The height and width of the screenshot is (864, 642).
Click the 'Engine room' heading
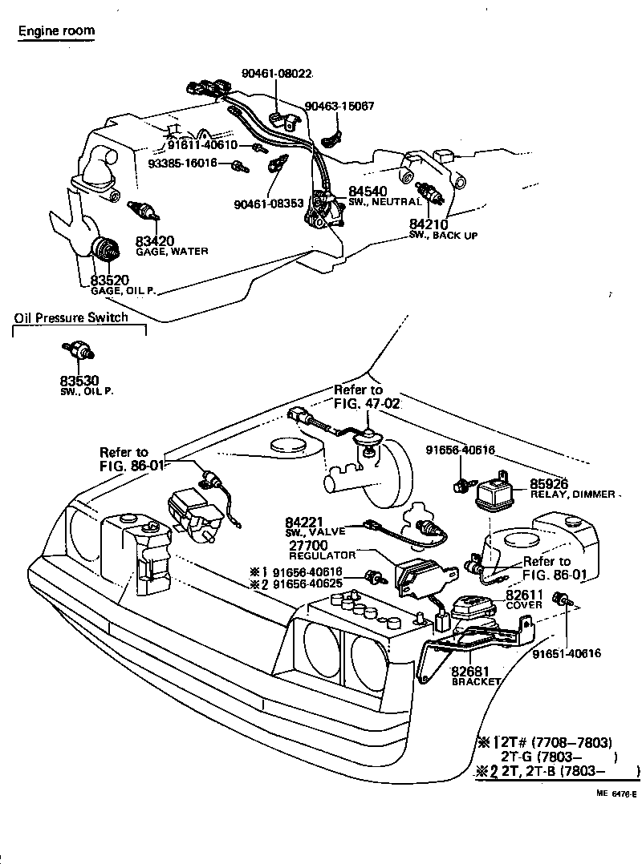pyautogui.click(x=56, y=30)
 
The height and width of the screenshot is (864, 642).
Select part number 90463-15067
pyautogui.click(x=339, y=106)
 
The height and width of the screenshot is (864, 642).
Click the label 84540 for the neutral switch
pyautogui.click(x=368, y=192)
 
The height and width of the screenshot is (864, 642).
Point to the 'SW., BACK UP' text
pyautogui.click(x=444, y=236)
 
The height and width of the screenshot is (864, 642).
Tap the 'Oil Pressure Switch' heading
pyautogui.click(x=71, y=318)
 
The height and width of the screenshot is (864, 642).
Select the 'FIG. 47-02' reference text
pyautogui.click(x=367, y=403)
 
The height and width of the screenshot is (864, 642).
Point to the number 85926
pyautogui.click(x=549, y=483)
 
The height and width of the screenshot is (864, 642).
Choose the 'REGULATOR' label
pyautogui.click(x=322, y=555)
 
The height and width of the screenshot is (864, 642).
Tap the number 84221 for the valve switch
pyautogui.click(x=304, y=522)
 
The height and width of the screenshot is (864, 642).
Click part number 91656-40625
pyautogui.click(x=308, y=583)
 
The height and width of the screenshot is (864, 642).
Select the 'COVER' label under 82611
pyautogui.click(x=524, y=605)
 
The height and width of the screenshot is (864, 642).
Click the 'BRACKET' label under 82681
pyautogui.click(x=476, y=681)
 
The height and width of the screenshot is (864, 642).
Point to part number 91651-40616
pyautogui.click(x=567, y=654)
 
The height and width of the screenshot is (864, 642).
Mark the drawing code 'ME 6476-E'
pyautogui.click(x=616, y=794)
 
